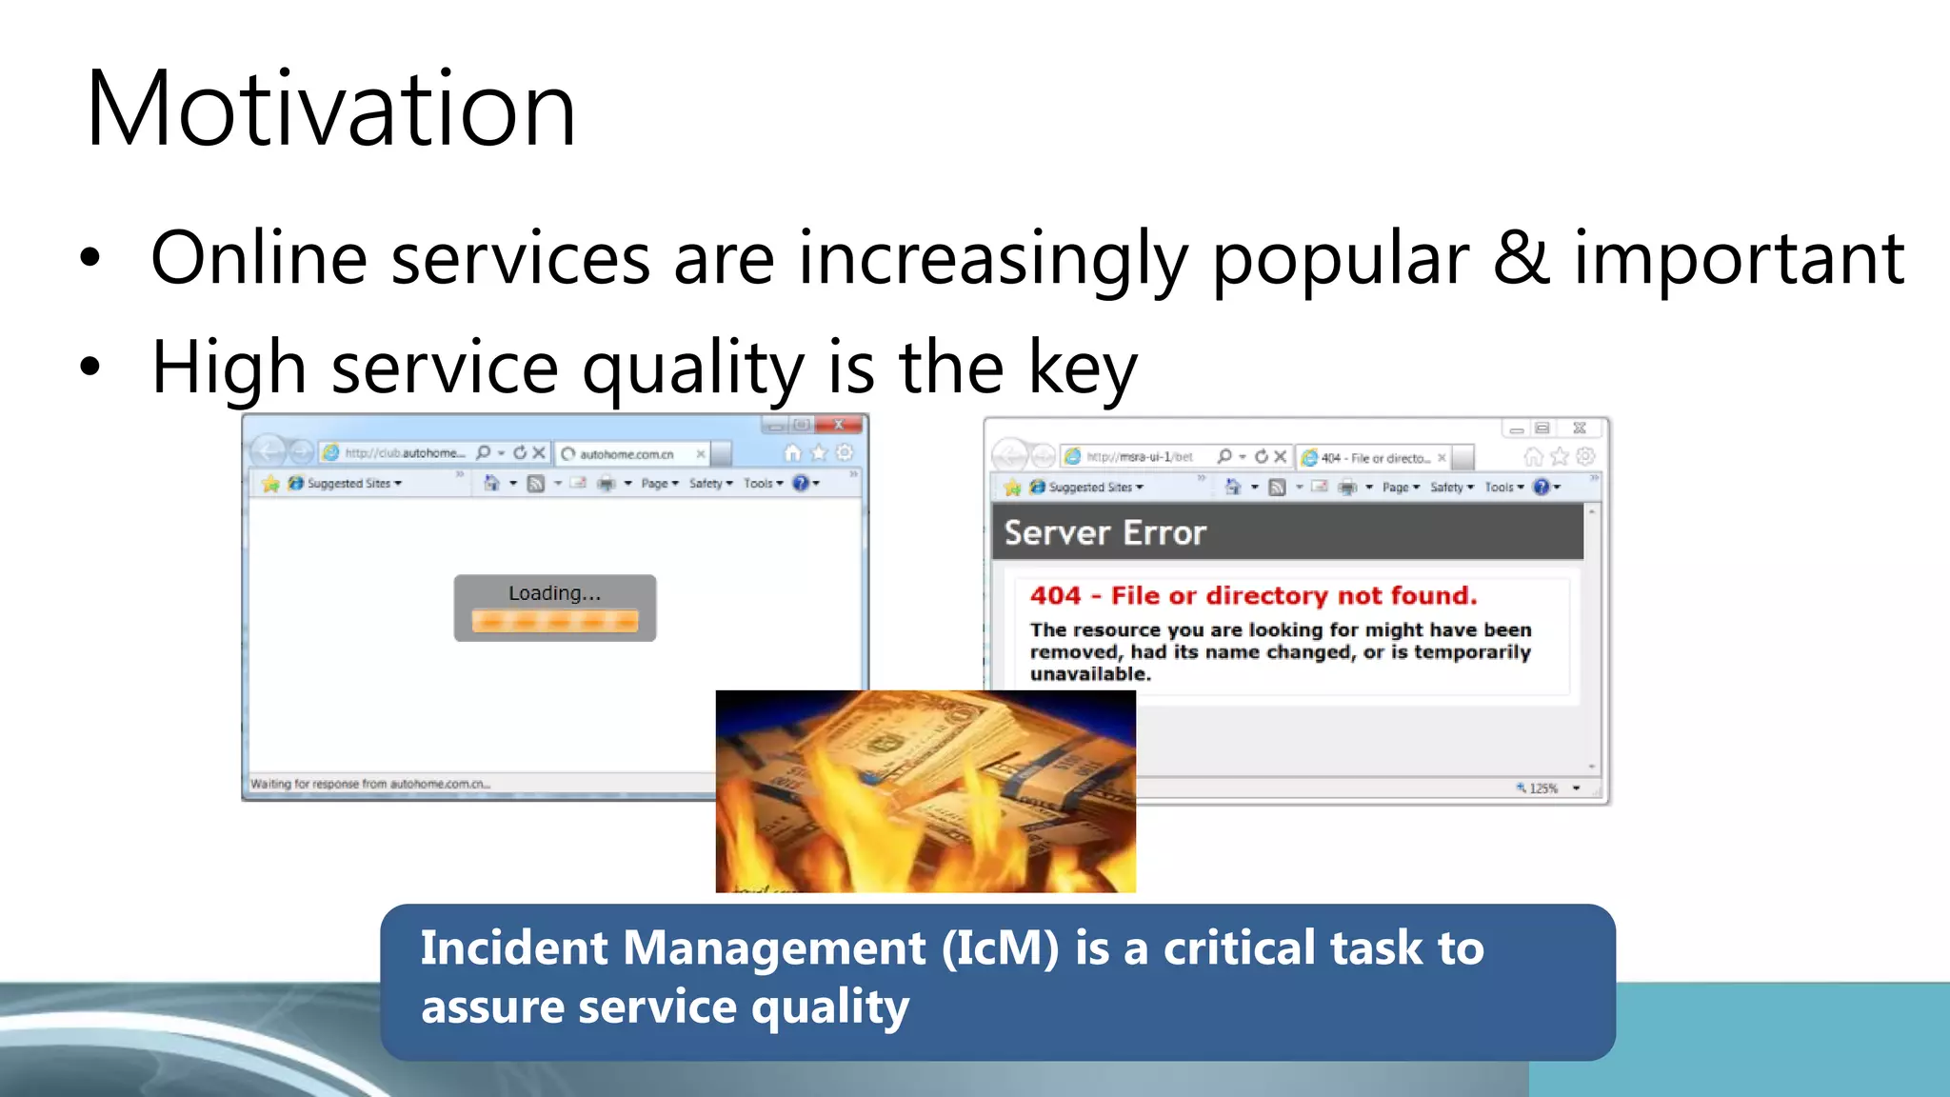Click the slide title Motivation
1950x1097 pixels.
click(330, 110)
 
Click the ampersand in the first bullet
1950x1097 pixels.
click(1521, 258)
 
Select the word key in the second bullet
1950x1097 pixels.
click(1083, 369)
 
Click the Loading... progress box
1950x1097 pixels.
click(554, 608)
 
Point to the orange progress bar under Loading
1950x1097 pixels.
click(554, 622)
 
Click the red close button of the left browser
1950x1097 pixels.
click(838, 425)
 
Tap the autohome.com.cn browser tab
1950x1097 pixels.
click(628, 454)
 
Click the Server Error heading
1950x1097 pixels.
click(1104, 533)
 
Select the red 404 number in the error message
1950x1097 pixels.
click(1055, 596)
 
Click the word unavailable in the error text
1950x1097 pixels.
click(1090, 674)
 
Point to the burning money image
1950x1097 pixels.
click(925, 790)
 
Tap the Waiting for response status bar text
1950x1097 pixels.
click(369, 784)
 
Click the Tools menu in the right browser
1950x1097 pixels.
click(1501, 488)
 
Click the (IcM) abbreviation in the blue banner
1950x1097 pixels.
click(1000, 948)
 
